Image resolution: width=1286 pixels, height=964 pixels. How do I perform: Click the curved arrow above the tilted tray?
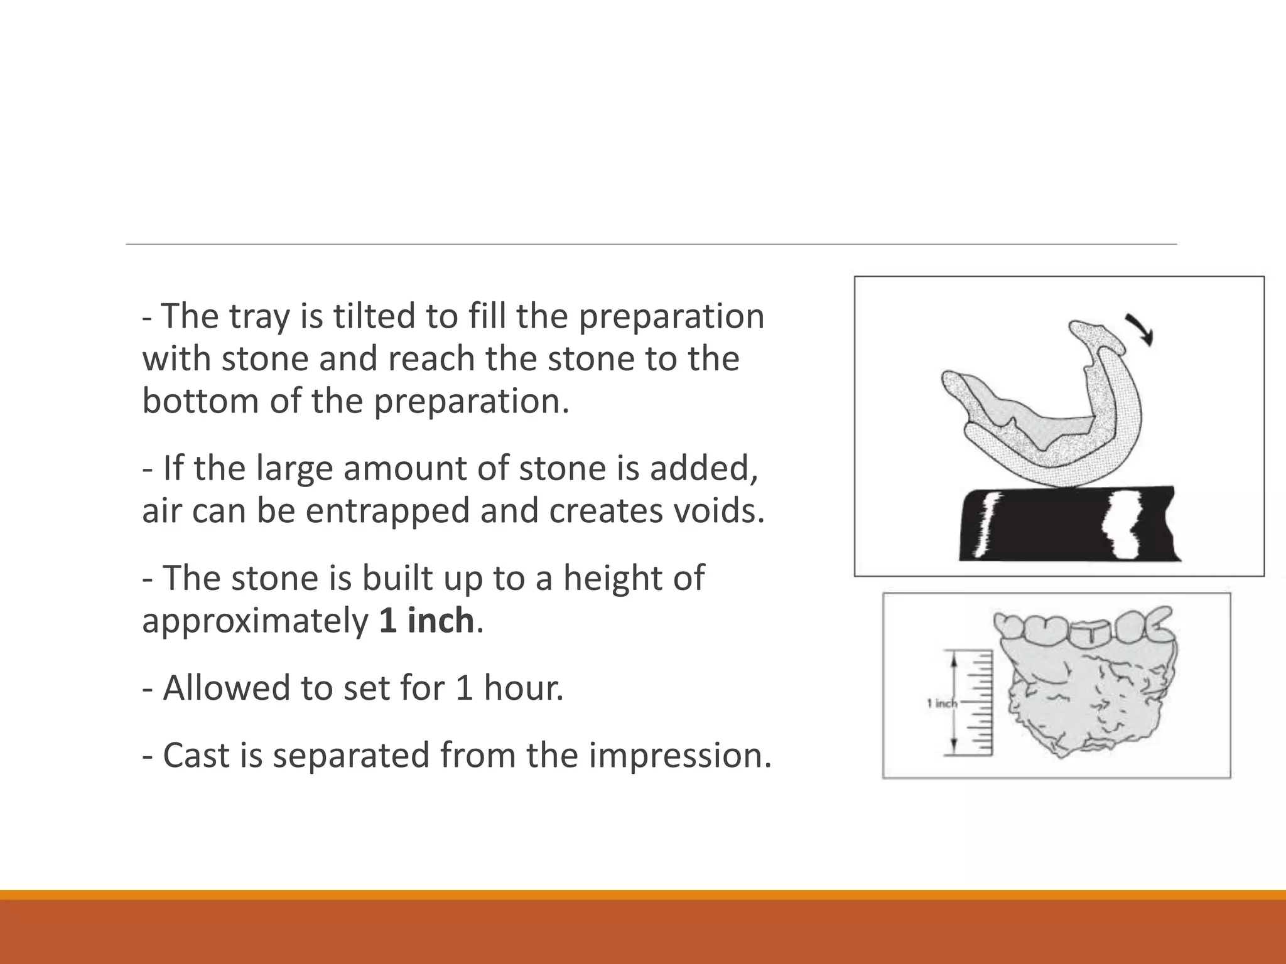(1140, 328)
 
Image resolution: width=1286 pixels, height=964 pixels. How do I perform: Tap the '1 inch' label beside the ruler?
(941, 704)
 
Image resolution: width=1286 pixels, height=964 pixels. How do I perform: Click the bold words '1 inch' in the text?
(426, 621)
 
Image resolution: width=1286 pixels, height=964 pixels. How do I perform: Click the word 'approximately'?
(256, 621)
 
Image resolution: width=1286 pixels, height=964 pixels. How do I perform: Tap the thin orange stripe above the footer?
(643, 894)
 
